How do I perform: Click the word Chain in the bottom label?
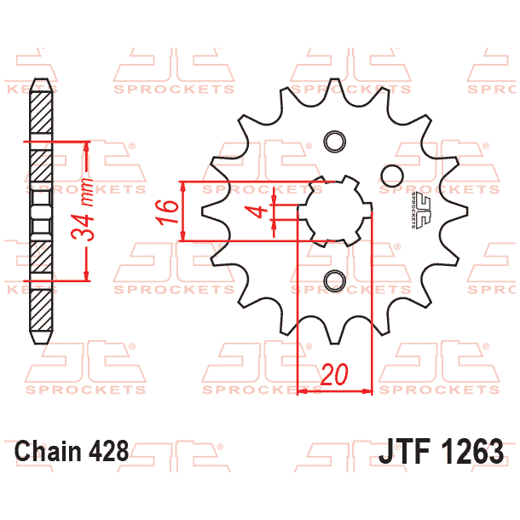[x=48, y=451]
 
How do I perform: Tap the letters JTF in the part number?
[x=405, y=451]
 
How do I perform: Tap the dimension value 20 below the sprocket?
[x=335, y=375]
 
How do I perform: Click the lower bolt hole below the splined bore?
[x=333, y=279]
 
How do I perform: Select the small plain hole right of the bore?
[x=391, y=176]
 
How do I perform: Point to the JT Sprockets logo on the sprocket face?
[x=417, y=210]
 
